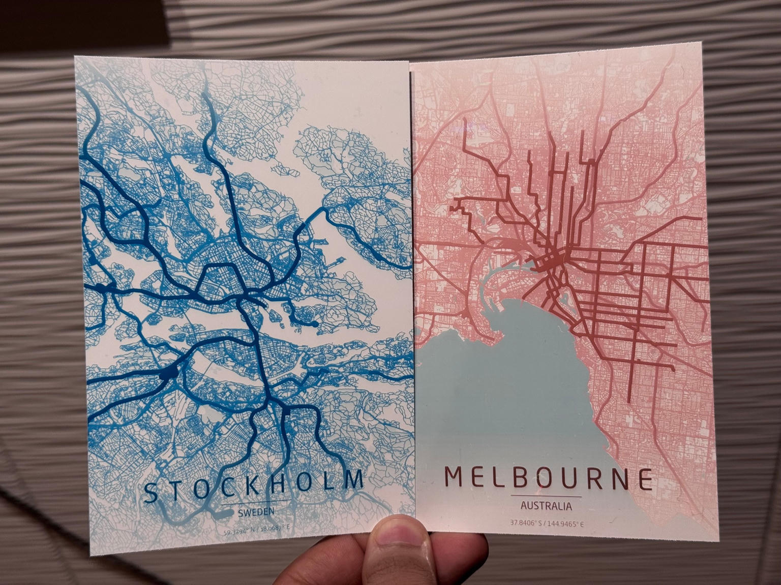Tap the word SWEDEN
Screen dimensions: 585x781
coord(256,512)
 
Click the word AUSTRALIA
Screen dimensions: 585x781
coord(546,506)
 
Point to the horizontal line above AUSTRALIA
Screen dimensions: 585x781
coord(546,496)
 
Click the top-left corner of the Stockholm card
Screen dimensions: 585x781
coord(76,57)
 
